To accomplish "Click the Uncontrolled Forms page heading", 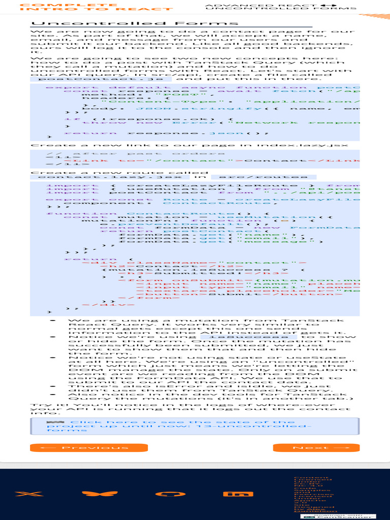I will pos(135,23).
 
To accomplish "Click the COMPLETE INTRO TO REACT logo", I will pos(96,7).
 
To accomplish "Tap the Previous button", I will pos(89,447).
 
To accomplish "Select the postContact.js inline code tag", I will pos(101,79).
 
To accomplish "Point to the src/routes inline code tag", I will pos(263,177).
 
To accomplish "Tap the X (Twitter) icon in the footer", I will pos(22,494).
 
